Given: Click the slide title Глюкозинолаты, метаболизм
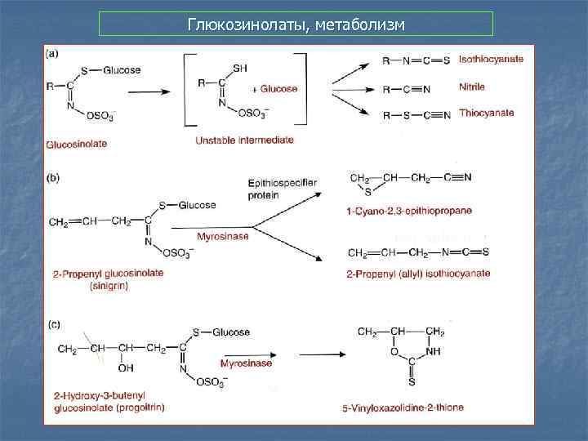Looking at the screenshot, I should [x=296, y=24].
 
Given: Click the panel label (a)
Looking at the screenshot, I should [x=53, y=55].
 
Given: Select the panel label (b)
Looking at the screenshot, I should [x=53, y=174].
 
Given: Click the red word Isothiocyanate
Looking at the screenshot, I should [x=491, y=59].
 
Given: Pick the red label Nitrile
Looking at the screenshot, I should [x=472, y=87].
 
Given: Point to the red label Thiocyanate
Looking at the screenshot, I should [x=487, y=113].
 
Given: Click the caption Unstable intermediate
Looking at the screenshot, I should [x=244, y=140].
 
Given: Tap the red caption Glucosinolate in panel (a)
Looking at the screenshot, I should [x=76, y=144].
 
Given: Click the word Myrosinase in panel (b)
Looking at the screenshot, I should [x=223, y=236].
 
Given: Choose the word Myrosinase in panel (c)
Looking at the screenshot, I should [x=246, y=363].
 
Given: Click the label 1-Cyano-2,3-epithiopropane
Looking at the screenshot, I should [x=409, y=211].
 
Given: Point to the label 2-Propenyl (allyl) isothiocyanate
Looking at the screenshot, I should [x=418, y=274].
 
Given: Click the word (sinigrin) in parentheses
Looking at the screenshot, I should [x=81, y=284].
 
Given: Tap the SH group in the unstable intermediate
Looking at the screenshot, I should [x=240, y=69].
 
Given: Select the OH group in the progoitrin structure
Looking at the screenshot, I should [x=125, y=367].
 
